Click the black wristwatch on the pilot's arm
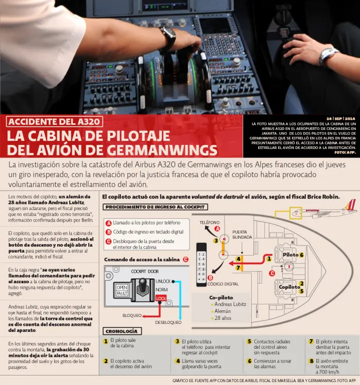168,37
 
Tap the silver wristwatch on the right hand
328,56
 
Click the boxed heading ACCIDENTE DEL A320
54,121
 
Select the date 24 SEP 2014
340,119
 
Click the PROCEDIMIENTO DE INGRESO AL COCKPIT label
155,207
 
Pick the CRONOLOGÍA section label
121,331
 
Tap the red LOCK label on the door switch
161,298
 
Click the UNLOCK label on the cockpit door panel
163,281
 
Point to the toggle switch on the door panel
142,287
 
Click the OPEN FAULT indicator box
122,290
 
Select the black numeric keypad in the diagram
202,265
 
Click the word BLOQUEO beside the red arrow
132,315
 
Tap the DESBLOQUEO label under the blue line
168,322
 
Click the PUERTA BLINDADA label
242,235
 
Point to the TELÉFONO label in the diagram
210,223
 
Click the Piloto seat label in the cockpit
290,255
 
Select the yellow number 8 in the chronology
312,361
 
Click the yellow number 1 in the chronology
106,341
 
